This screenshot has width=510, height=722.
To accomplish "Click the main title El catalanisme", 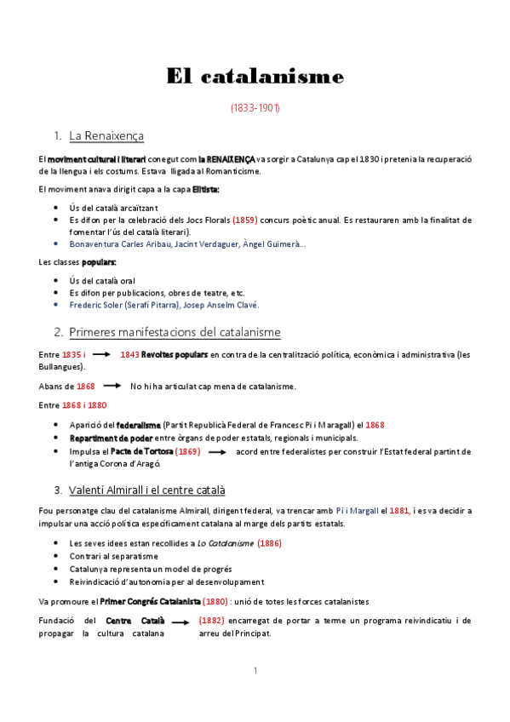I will (255, 77).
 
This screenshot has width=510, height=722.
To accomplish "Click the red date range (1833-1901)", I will (255, 109).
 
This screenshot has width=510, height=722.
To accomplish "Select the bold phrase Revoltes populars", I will (174, 354).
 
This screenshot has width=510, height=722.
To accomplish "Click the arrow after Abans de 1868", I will (112, 387).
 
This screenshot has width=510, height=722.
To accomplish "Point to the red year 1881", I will (399, 511).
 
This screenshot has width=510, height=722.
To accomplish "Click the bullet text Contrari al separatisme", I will (115, 556).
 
